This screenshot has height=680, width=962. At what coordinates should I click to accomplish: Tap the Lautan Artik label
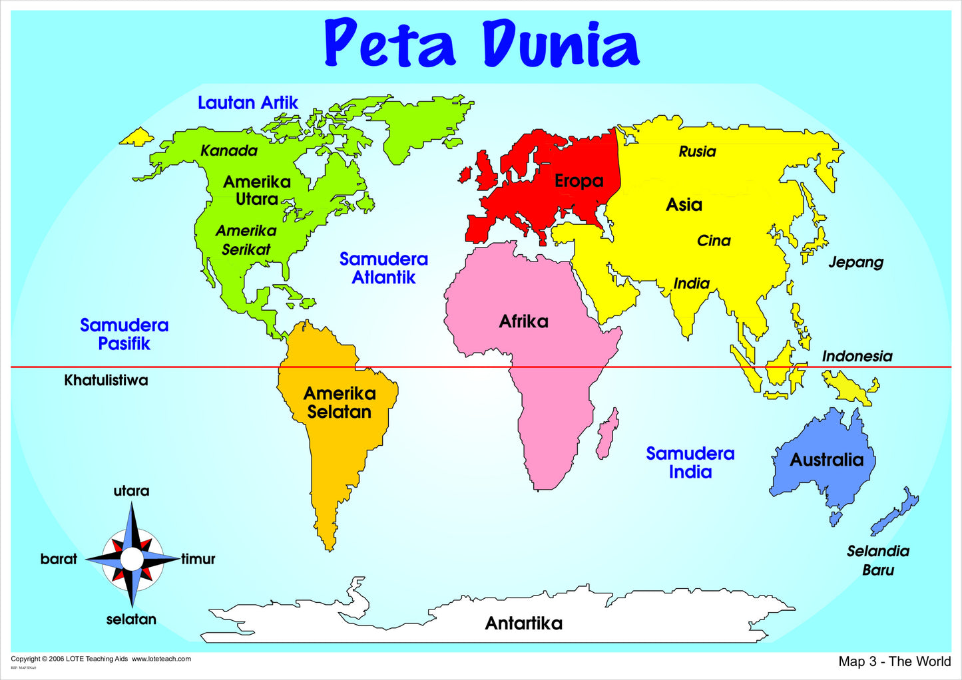pos(248,103)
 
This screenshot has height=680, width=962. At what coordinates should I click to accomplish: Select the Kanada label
pos(229,151)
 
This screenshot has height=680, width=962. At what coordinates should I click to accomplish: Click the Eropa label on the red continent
pos(579,181)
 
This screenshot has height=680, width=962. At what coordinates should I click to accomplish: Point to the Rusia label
pos(697,152)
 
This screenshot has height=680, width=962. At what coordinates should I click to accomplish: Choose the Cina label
pos(714,241)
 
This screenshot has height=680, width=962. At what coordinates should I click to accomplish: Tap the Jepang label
pos(855,262)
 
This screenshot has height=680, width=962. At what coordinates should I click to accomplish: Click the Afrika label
pos(524,322)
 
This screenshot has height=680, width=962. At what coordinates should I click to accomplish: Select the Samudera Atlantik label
pos(383,268)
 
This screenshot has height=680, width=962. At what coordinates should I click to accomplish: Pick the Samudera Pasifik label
pos(124,334)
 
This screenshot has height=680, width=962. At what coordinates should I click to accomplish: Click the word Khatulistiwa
pos(106,381)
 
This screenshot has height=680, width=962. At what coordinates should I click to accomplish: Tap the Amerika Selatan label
pos(340,403)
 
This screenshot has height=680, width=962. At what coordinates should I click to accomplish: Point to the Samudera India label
pos(690,462)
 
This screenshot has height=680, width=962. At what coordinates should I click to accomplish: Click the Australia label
pos(826,460)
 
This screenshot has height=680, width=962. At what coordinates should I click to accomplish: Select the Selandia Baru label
pos(878,560)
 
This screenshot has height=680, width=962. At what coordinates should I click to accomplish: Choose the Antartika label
pos(523,623)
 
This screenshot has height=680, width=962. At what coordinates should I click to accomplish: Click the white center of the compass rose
pos(132,559)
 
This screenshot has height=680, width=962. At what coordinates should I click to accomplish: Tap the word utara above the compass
pos(131,491)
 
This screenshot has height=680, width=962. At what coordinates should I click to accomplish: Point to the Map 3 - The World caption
pos(894,661)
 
